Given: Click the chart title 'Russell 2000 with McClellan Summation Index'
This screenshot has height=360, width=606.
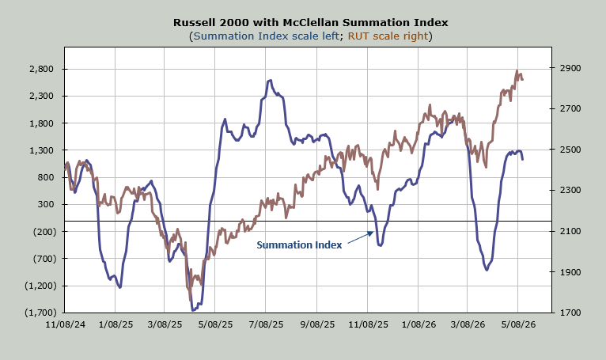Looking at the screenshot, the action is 310,22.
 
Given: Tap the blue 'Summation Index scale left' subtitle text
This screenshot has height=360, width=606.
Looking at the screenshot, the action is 267,36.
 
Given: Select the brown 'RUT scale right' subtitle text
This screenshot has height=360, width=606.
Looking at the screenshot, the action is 388,36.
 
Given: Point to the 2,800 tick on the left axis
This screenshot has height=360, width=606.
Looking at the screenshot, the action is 41,69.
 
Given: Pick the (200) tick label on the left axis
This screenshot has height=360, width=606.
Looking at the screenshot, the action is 45,232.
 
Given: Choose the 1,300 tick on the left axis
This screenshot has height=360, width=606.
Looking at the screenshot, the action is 41,150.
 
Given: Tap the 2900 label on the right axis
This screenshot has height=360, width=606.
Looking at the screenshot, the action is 570,68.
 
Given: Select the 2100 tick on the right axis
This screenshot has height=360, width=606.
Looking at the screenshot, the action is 570,231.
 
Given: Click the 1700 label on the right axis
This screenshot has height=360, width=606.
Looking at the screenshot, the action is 570,313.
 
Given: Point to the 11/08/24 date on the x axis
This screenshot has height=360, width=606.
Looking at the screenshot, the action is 65,324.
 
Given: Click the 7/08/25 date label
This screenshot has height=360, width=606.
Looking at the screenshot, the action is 267,324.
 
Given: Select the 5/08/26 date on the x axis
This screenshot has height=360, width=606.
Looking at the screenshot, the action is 518,324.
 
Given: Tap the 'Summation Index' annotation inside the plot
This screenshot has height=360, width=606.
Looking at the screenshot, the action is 299,244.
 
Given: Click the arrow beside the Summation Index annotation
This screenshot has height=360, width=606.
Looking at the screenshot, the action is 361,237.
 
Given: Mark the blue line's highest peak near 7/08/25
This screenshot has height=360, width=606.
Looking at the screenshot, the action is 269,81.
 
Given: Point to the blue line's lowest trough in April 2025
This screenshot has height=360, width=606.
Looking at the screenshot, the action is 193,309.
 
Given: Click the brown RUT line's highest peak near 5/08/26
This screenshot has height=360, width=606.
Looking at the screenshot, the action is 517,70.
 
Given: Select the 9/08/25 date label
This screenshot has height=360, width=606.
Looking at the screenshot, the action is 317,324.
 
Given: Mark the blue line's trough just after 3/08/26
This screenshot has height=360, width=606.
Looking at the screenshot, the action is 487,269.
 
